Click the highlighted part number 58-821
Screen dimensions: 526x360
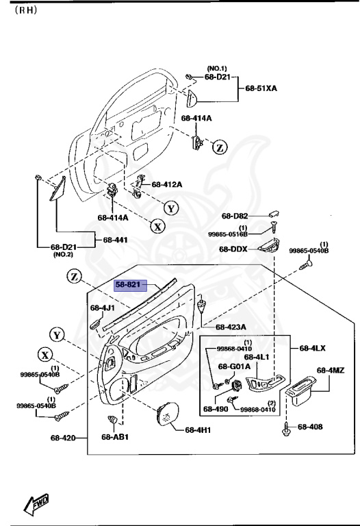coord(127,283)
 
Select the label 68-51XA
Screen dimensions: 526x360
coord(262,88)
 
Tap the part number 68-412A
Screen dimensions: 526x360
coord(167,184)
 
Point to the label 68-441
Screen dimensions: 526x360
coord(115,240)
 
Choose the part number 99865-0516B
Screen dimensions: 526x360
coord(232,234)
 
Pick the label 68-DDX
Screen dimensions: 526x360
coord(233,249)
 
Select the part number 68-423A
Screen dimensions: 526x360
coord(230,327)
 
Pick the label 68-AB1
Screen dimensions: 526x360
coord(115,437)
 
